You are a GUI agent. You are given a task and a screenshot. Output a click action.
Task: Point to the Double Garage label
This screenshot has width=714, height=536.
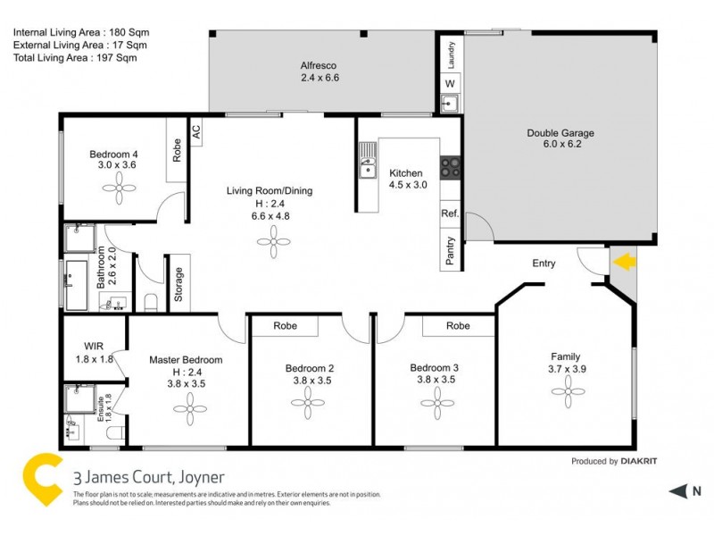coord(560,138)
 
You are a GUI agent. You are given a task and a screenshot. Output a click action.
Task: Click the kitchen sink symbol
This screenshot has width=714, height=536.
coord(368,167)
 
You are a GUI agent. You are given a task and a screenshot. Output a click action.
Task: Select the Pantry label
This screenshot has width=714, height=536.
coord(451,251)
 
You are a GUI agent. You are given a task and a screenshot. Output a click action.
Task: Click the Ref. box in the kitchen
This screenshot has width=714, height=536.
coord(450,214)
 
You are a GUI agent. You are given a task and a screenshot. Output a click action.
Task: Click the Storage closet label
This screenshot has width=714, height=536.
coord(178,284)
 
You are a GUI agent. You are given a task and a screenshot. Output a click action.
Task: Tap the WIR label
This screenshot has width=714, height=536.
coord(94,346)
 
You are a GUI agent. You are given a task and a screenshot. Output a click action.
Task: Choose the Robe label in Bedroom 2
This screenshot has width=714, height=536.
coord(285,326)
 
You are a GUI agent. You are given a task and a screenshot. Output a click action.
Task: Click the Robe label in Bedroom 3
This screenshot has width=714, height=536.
coord(458,326)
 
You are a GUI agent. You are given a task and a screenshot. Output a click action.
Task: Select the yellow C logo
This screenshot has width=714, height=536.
coord(42,482)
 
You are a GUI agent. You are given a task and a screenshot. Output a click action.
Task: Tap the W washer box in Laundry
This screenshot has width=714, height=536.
coord(449,83)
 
